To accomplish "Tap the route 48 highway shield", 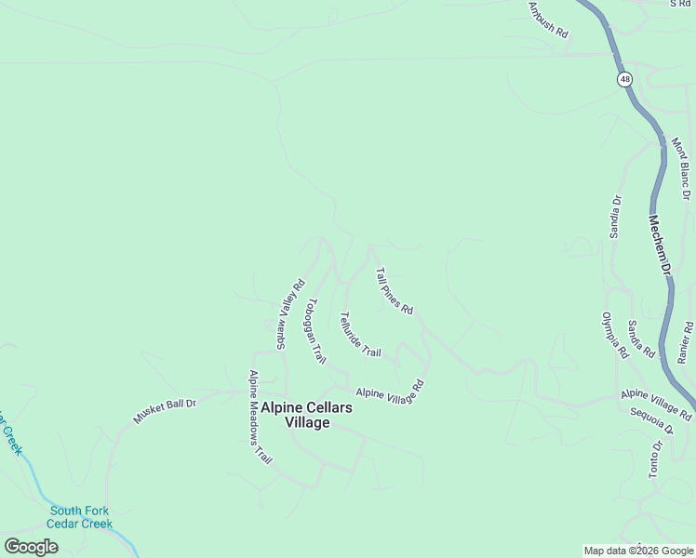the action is click(x=623, y=80).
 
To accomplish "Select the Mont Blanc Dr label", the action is click(x=681, y=169).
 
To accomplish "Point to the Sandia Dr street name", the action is click(x=615, y=217).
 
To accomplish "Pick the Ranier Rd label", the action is click(x=686, y=342).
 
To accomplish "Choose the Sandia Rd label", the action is click(x=641, y=339).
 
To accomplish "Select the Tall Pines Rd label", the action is click(x=394, y=291).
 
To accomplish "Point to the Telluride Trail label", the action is click(x=361, y=335).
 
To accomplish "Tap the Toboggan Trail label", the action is click(x=316, y=330).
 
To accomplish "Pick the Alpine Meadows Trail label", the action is click(x=259, y=418).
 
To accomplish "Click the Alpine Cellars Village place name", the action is click(x=295, y=415).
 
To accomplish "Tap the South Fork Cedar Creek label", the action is click(x=81, y=517).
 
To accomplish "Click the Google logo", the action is click(x=31, y=547).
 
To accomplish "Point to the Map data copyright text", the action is click(x=638, y=551).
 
